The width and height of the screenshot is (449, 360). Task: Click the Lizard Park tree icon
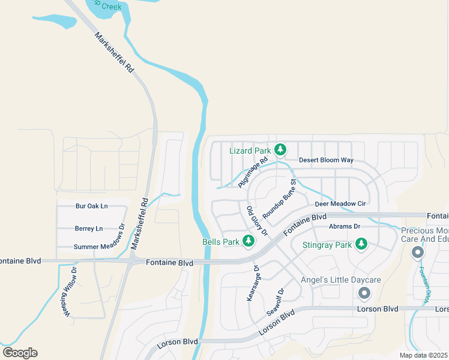(x=279, y=149)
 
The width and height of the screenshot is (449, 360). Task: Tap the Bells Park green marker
(x=247, y=241)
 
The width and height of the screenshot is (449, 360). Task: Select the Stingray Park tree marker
(x=361, y=244)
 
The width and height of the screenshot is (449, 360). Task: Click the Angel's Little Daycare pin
(x=364, y=293)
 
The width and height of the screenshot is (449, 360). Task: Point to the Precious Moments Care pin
(x=418, y=253)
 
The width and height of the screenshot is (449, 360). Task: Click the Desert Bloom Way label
(x=326, y=160)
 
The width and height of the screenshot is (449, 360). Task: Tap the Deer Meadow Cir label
(x=340, y=204)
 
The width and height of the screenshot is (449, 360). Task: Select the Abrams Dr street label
(x=344, y=226)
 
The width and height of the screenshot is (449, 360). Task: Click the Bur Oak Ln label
(x=91, y=206)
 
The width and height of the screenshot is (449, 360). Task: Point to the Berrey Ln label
(x=89, y=229)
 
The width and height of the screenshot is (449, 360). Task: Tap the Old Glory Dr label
(x=256, y=221)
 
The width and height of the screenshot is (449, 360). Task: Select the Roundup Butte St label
(x=280, y=199)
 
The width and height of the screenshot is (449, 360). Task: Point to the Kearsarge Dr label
(x=252, y=284)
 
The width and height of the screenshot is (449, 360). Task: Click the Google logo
(x=20, y=353)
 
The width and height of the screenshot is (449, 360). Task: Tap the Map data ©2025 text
(x=424, y=356)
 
